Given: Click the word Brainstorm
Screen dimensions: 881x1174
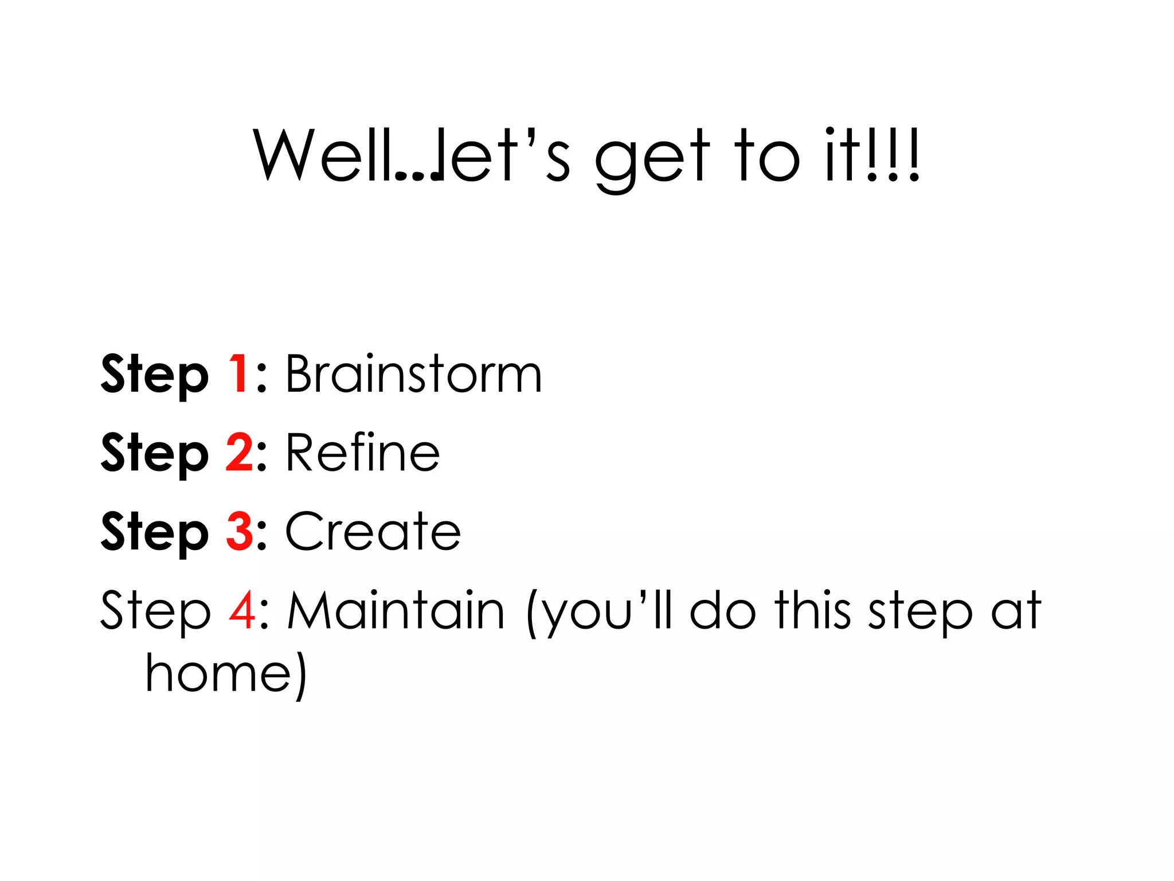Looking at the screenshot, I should click(413, 375).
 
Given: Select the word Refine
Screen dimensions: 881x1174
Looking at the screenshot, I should click(362, 453).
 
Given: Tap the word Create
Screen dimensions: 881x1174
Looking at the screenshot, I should click(373, 532).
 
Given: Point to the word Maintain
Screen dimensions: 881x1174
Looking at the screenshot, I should click(396, 611).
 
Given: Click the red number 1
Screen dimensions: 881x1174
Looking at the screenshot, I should click(238, 375).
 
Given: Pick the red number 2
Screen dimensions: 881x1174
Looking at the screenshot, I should click(239, 453).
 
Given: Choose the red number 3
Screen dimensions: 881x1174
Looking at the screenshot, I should click(239, 532).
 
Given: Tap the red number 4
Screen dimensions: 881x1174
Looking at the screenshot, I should click(241, 611).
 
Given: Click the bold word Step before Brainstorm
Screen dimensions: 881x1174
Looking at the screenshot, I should click(154, 376).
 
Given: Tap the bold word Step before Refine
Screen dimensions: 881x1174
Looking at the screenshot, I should click(154, 454).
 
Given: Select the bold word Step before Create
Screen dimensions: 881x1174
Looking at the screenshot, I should click(154, 533).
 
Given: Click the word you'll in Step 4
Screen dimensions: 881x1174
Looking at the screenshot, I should click(608, 612).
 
